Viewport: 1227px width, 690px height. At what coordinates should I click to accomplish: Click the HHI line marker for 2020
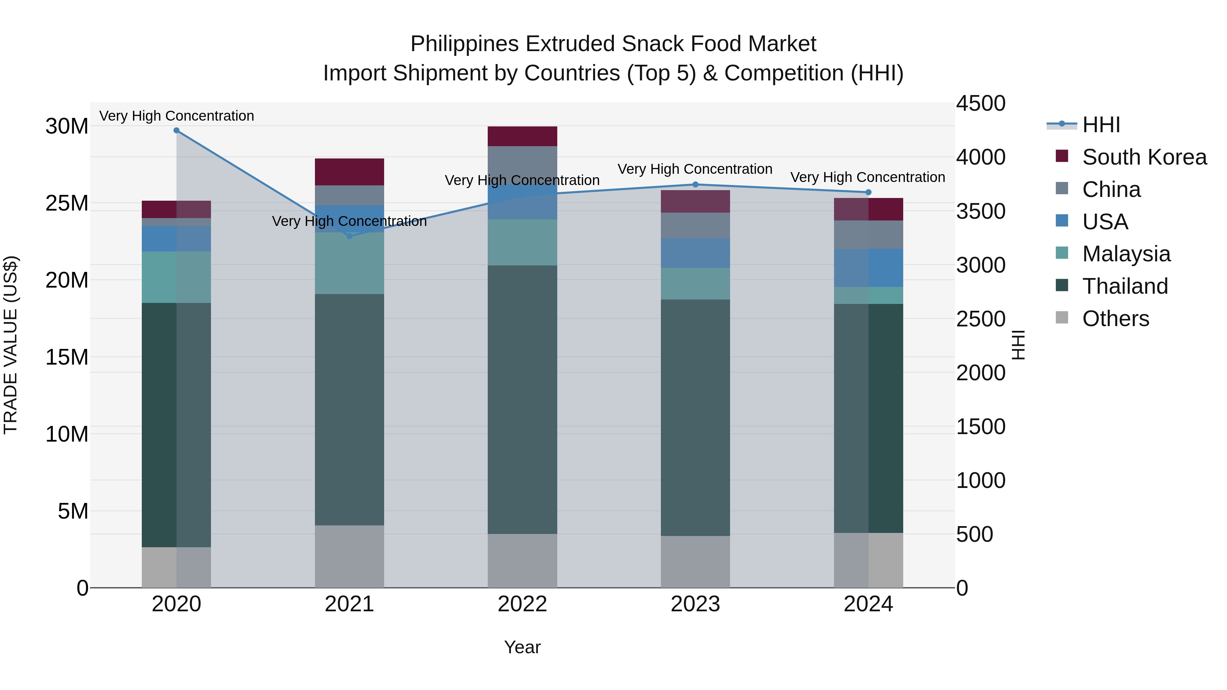point(176,131)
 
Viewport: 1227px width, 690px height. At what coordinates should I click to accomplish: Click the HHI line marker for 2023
point(695,184)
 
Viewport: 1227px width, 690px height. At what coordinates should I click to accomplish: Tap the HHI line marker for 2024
point(868,193)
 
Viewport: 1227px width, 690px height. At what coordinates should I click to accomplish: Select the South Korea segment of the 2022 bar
point(522,136)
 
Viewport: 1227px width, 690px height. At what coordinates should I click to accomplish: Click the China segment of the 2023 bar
point(695,225)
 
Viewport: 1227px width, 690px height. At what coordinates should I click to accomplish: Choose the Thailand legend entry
point(1125,286)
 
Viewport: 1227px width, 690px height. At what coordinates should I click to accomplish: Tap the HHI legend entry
point(1101,125)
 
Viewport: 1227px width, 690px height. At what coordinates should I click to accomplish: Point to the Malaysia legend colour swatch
point(1062,253)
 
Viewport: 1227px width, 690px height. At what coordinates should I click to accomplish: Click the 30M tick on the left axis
point(67,127)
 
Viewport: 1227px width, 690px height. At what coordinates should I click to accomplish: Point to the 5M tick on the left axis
point(73,511)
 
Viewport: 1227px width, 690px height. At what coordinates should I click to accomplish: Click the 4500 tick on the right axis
point(981,104)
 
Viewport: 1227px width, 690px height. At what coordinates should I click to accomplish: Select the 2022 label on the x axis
point(522,604)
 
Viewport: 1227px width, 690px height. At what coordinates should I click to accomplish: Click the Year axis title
point(522,647)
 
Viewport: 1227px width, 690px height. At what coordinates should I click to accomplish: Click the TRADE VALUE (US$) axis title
point(11,345)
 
